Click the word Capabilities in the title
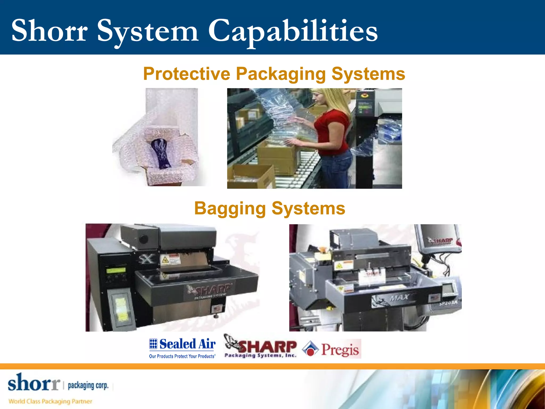tap(293, 31)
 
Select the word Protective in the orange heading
tap(187, 74)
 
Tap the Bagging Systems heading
tap(270, 208)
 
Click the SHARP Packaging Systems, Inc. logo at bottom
tap(260, 346)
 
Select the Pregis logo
tap(332, 349)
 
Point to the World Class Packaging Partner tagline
tap(50, 401)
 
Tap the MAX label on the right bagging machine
tap(399, 297)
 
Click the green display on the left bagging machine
tap(116, 270)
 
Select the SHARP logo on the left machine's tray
tap(210, 290)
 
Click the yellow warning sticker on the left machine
tap(165, 260)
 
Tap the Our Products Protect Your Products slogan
tap(182, 356)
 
